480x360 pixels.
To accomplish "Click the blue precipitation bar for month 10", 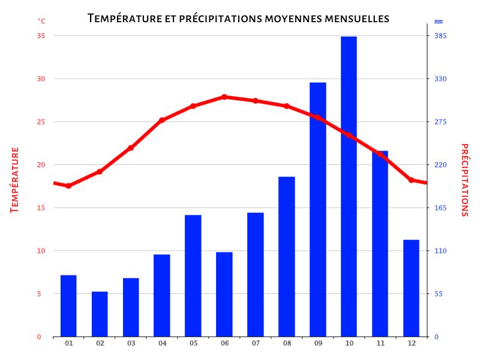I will (x=349, y=186).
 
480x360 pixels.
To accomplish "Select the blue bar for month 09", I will (x=317, y=209).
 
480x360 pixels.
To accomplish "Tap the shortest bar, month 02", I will (x=100, y=314).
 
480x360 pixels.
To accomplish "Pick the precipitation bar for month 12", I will (x=411, y=288).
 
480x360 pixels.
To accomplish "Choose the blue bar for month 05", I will (x=193, y=275).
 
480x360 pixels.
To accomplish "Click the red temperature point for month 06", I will (x=224, y=97).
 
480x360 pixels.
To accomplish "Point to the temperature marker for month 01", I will (x=68, y=186).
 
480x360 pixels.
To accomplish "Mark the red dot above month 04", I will (x=162, y=120).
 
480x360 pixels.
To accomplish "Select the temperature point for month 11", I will (x=380, y=154).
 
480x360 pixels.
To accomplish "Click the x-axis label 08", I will (x=287, y=343).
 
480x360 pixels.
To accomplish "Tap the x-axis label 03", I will (x=131, y=343).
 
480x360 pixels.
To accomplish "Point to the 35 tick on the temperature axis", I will (x=41, y=36).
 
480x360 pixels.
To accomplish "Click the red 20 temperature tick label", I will (x=41, y=165).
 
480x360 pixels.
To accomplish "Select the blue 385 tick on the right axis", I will (x=441, y=36).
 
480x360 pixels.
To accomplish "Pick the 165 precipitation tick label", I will (x=441, y=208).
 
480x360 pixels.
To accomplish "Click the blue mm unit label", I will (x=438, y=22).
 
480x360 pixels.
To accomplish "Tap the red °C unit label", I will (x=41, y=21).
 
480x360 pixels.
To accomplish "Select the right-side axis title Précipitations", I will (x=465, y=180).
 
